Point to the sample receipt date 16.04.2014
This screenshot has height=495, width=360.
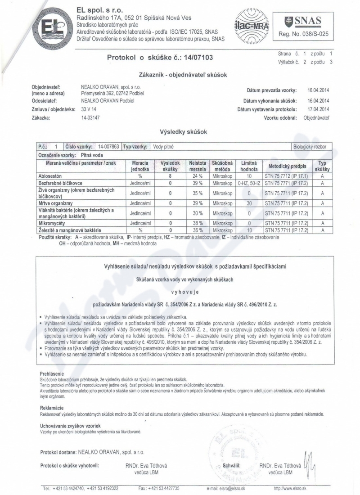tap(318, 90)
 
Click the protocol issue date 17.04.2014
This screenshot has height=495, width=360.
tap(318, 109)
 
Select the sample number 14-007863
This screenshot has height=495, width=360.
tap(108, 147)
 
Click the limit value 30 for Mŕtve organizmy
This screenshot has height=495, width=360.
tap(249, 203)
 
